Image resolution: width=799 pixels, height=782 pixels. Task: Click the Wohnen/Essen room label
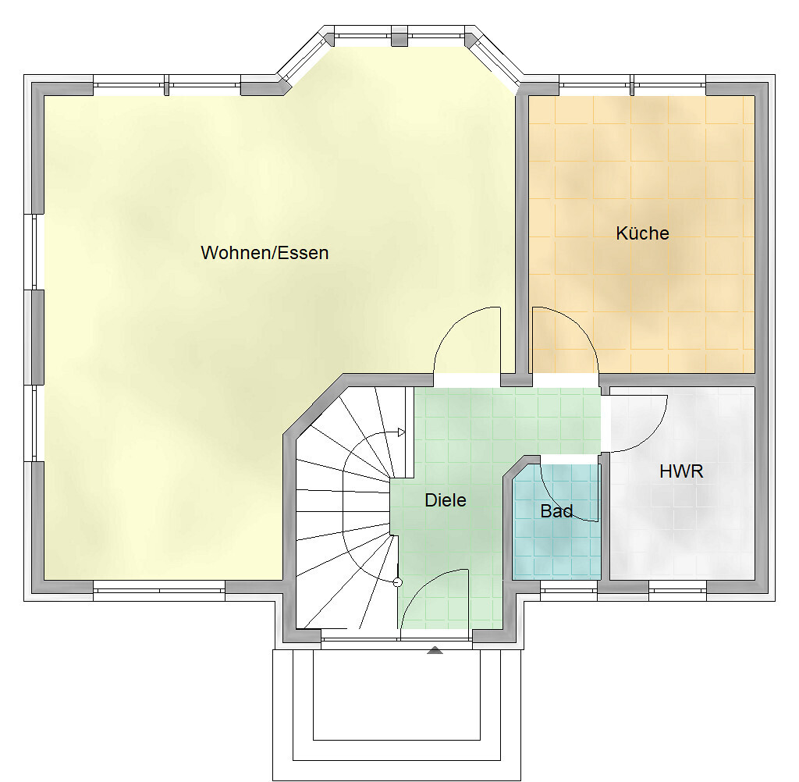(x=265, y=253)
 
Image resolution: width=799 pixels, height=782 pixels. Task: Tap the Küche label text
(x=642, y=233)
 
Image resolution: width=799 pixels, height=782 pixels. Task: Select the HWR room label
(x=681, y=471)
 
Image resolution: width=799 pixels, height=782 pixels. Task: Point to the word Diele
(x=446, y=500)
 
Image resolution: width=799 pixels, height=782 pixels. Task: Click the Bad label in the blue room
(x=556, y=511)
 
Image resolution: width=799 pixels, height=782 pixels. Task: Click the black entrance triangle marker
(x=435, y=649)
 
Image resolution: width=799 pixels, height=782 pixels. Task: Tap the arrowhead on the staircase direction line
(x=402, y=433)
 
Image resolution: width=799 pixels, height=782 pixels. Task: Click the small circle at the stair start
(x=398, y=583)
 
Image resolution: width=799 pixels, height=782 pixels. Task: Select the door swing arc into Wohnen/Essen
(x=453, y=322)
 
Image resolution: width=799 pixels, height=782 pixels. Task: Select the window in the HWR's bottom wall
(x=678, y=590)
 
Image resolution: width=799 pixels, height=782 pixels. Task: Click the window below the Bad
(x=569, y=590)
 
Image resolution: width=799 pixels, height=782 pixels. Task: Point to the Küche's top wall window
(x=632, y=85)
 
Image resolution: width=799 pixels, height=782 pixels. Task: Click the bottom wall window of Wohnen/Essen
(x=159, y=590)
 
